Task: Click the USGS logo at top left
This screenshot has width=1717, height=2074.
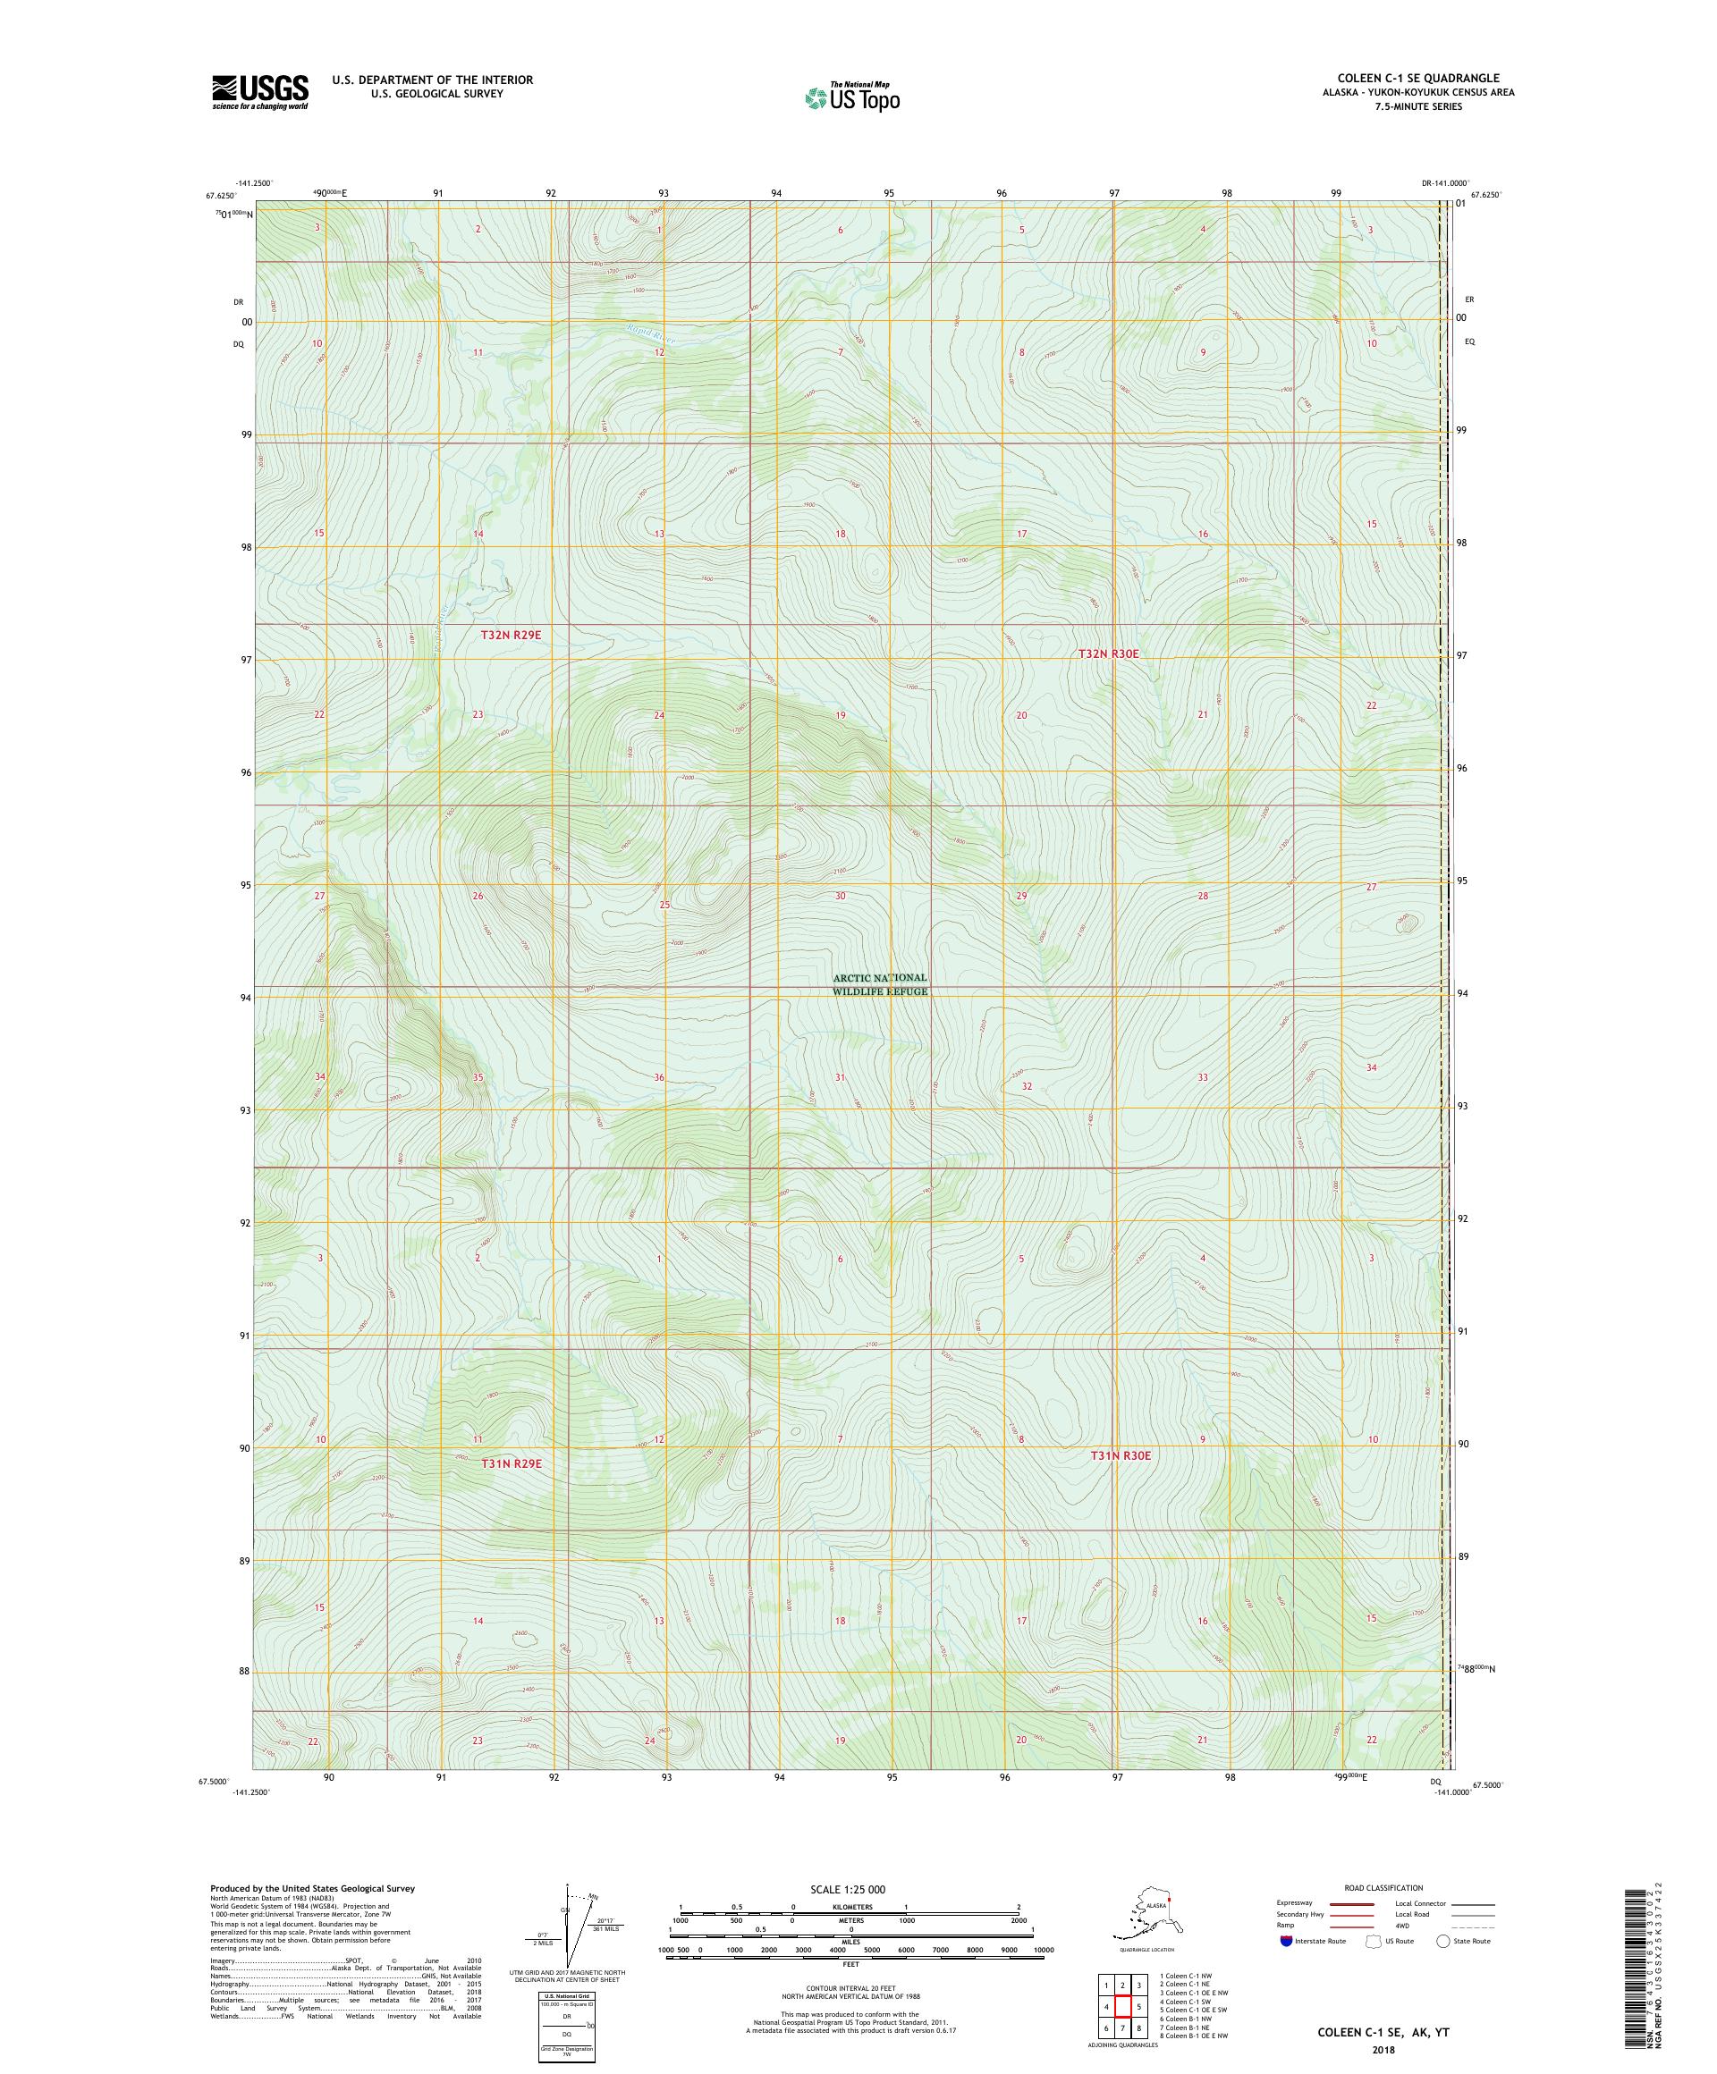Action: click(x=258, y=92)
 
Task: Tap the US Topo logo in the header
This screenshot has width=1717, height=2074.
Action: click(x=851, y=97)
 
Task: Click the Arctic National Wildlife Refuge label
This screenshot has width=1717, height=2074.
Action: click(x=879, y=983)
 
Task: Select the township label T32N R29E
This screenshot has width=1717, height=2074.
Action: click(x=511, y=635)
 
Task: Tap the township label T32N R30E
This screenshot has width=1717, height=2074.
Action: click(x=1113, y=653)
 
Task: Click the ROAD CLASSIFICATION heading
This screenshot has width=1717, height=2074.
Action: click(x=1383, y=1887)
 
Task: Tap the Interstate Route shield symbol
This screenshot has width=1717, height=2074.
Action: click(x=1285, y=1941)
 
